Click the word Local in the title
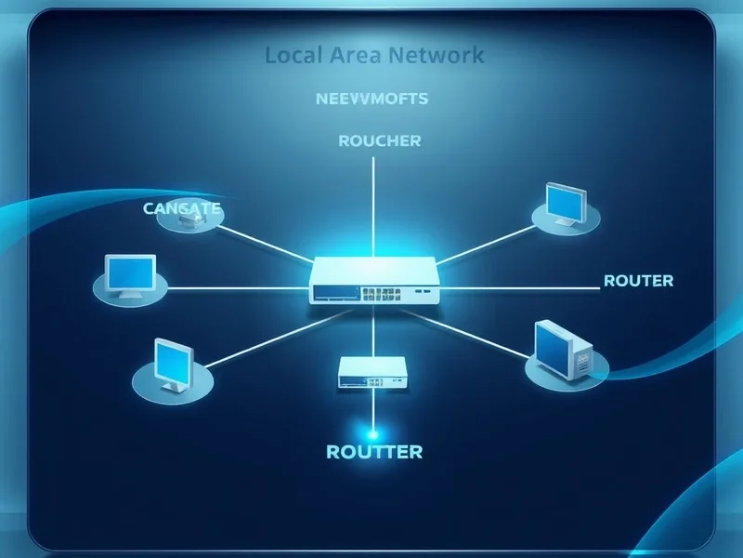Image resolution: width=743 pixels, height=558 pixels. tap(291, 55)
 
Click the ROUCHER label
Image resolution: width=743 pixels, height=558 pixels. tap(379, 141)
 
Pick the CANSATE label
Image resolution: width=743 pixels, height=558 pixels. tap(182, 208)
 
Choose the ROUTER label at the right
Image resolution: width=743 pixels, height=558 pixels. tap(638, 280)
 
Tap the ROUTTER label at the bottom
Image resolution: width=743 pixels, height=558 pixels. tap(374, 452)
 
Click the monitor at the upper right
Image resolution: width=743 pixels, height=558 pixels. tap(566, 204)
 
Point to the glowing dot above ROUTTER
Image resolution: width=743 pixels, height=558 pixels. tap(373, 433)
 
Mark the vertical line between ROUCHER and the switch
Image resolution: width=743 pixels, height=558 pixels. tap(372, 205)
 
